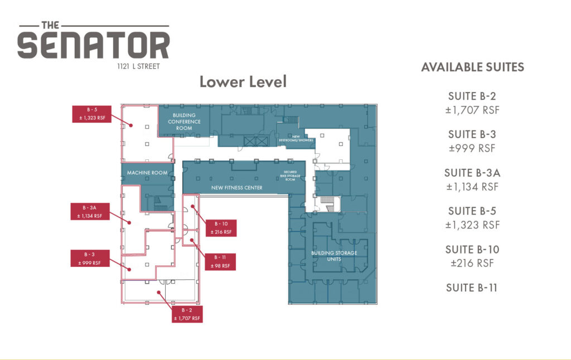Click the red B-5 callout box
[92, 114]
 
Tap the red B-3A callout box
[90, 212]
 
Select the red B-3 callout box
[90, 259]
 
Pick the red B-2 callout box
[187, 314]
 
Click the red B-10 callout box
[221, 228]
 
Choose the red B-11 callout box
[220, 262]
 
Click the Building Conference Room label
[184, 121]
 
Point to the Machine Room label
[147, 173]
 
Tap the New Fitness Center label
[236, 188]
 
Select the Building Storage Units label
[334, 256]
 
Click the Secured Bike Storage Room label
[290, 176]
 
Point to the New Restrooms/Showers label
[296, 139]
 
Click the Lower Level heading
[243, 81]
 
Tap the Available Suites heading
[473, 67]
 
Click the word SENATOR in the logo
[94, 45]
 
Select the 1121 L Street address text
[138, 67]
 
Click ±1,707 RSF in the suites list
[472, 110]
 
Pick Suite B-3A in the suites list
[472, 173]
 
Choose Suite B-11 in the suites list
[472, 288]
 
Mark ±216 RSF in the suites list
[472, 263]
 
